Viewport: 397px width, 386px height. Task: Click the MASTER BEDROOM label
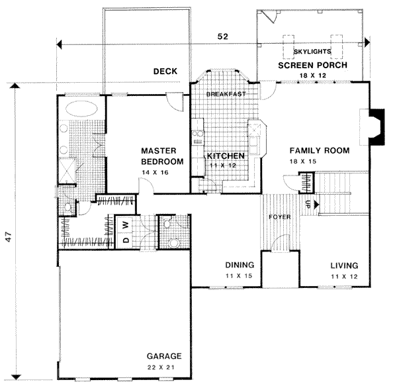pyautogui.click(x=162, y=156)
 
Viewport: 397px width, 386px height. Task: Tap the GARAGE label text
pyautogui.click(x=163, y=356)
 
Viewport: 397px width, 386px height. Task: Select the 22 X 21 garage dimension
pyautogui.click(x=163, y=366)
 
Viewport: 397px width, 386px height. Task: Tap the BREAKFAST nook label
pyautogui.click(x=226, y=94)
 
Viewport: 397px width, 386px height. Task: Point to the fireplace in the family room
pyautogui.click(x=375, y=125)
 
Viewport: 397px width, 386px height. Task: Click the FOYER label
pyautogui.click(x=279, y=217)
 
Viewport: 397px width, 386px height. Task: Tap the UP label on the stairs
pyautogui.click(x=308, y=205)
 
